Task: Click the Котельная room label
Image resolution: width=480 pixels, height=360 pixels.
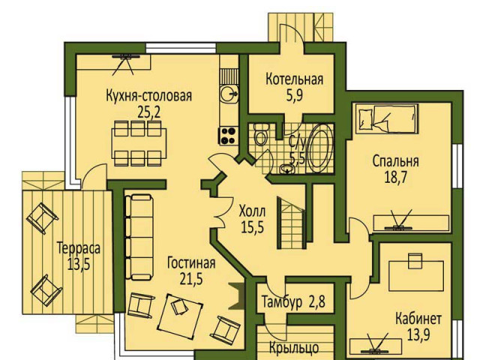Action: [294, 79]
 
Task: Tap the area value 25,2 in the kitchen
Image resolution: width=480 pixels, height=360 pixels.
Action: [148, 112]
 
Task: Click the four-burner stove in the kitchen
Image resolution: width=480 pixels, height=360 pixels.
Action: [228, 136]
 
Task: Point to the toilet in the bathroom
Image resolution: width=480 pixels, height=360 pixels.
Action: [261, 134]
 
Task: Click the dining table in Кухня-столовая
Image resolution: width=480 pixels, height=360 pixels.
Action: [139, 143]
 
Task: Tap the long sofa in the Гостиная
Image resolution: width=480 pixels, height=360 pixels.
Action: [139, 237]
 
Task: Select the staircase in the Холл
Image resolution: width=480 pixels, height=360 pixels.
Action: [292, 222]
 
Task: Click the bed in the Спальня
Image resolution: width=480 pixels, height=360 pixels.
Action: [387, 118]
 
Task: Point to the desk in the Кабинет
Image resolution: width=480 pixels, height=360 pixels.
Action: [415, 275]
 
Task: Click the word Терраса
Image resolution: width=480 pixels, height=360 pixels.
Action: [79, 248]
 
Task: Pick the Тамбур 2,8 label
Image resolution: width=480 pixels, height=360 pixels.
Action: [293, 301]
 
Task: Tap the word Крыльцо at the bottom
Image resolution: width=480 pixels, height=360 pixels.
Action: [294, 348]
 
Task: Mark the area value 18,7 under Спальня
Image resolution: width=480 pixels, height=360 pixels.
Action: [396, 177]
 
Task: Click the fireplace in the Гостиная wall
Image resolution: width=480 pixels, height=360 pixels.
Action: [237, 296]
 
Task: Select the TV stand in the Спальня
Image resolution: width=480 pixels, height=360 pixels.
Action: [411, 223]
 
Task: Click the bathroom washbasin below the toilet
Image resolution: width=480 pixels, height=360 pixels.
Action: [286, 168]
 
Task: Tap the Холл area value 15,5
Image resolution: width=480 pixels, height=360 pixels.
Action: [253, 226]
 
